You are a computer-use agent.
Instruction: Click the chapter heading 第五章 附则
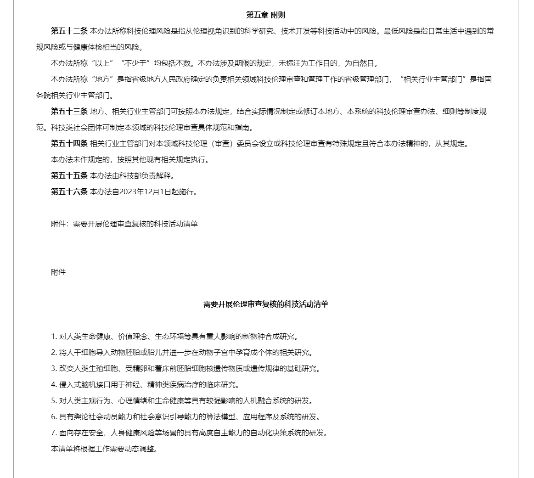coord(265,15)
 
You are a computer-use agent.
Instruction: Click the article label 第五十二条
coord(69,31)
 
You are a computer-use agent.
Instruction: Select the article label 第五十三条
coord(69,111)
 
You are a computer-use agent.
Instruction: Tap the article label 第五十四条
coord(69,143)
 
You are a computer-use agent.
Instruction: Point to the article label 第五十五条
coord(69,175)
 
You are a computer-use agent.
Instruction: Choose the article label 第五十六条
coord(69,191)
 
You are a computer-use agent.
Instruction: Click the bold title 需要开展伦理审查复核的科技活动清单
coord(265,304)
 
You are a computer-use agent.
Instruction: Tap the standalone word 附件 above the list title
coord(58,272)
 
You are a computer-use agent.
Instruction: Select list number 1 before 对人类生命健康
coord(53,337)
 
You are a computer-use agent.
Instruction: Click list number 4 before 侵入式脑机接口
coord(53,385)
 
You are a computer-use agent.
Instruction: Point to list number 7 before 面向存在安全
coord(53,433)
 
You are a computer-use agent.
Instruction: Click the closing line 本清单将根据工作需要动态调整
coord(104,449)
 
